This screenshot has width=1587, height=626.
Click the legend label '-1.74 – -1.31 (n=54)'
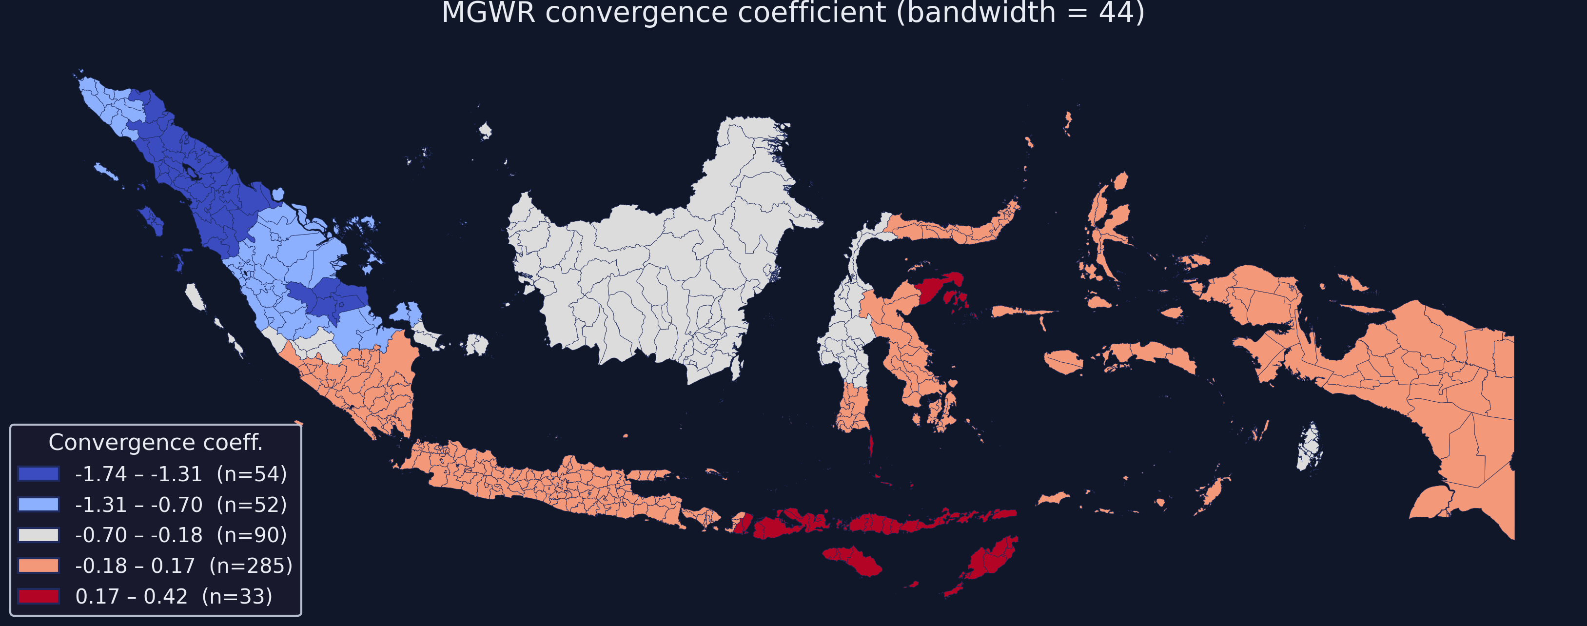pos(180,474)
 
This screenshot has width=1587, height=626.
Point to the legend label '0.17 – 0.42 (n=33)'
pos(174,596)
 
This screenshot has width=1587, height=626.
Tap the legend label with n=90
pos(180,535)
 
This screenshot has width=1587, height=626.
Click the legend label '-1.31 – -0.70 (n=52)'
pos(180,505)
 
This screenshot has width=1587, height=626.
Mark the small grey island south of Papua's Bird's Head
pos(1309,447)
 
